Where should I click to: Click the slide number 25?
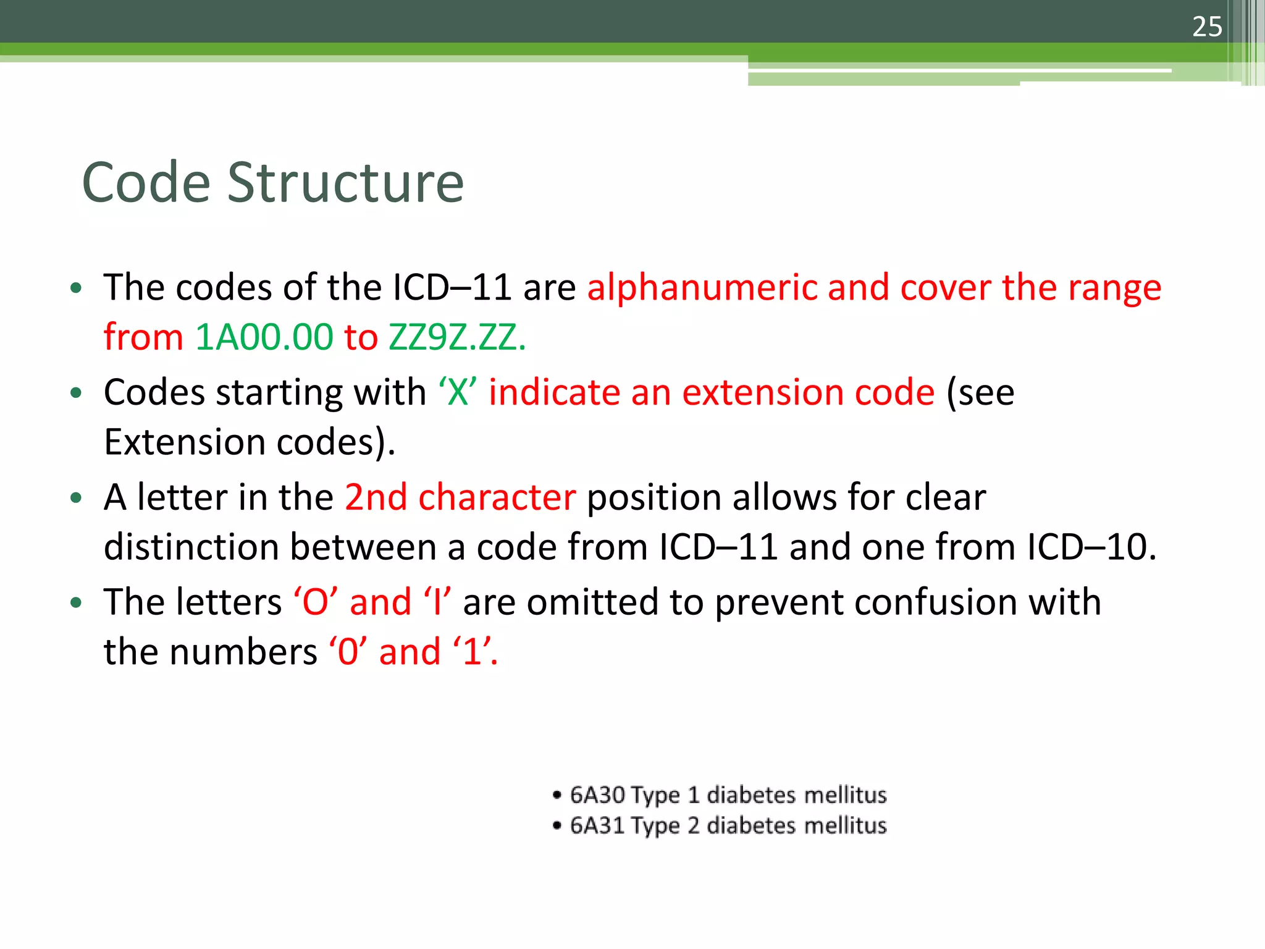pos(1207,27)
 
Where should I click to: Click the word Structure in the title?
pos(345,183)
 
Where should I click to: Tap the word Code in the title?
pos(146,183)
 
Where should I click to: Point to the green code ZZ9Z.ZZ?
pos(456,337)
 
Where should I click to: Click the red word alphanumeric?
pos(701,288)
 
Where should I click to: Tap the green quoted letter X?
pos(458,393)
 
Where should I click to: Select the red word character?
pos(497,497)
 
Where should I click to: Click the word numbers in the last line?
pos(243,652)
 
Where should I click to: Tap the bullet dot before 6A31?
pos(558,826)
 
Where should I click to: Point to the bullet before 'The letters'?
pos(76,602)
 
